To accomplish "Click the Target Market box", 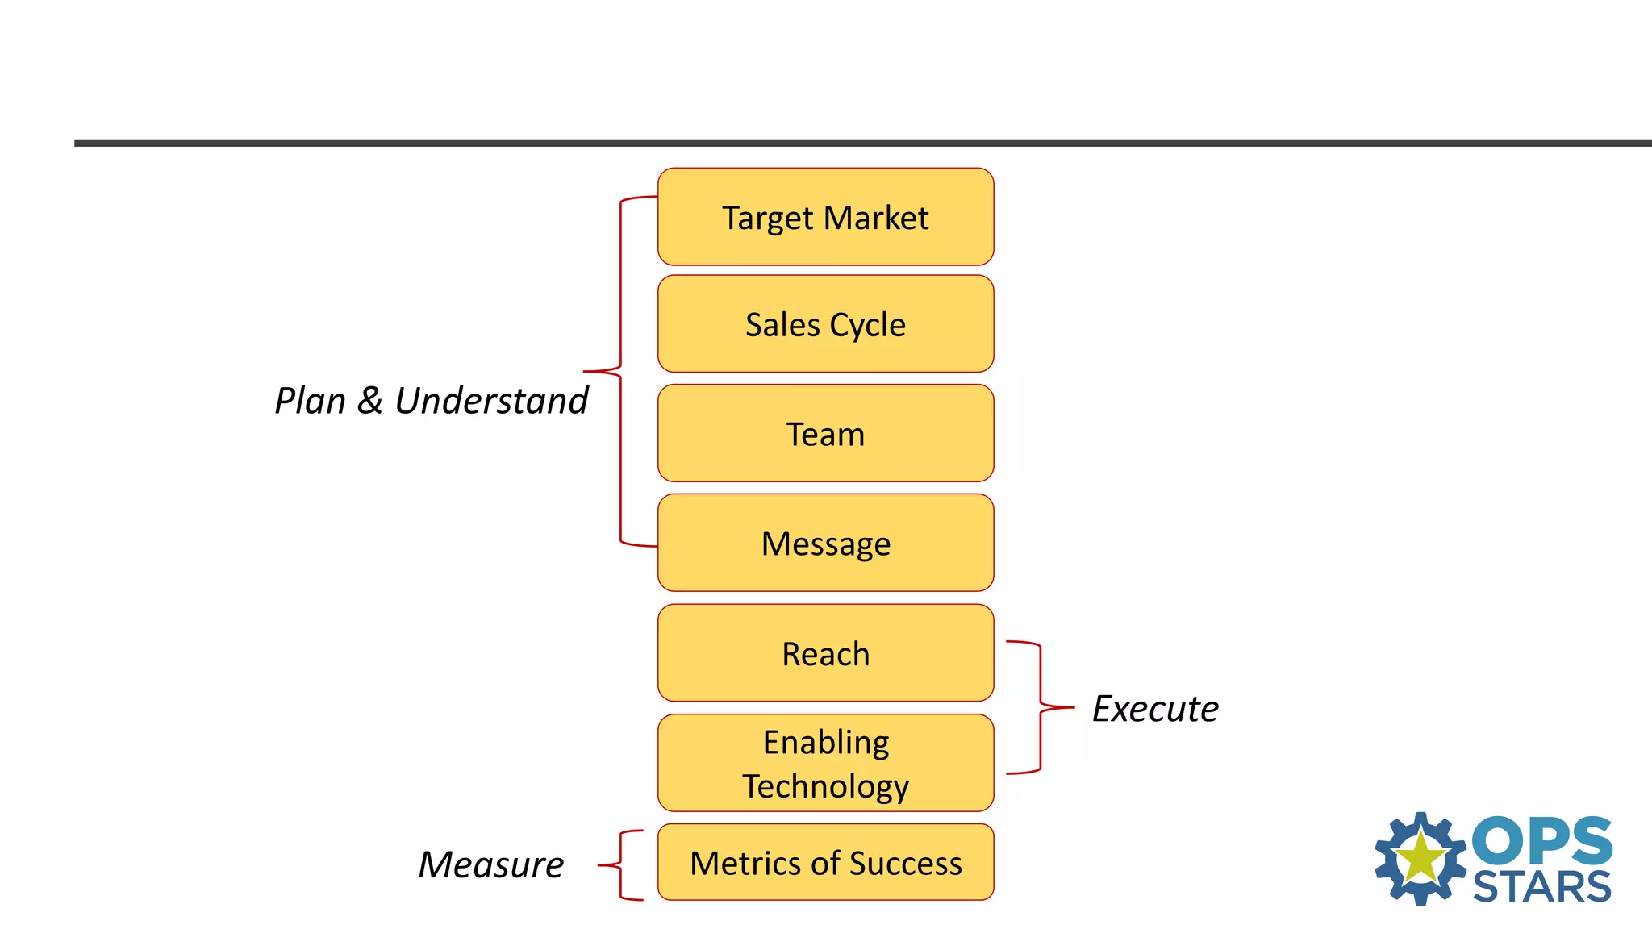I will click(825, 217).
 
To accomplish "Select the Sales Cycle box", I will click(825, 324).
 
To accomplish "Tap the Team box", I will click(825, 434).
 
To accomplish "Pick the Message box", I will click(825, 544).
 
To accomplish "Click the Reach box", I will click(825, 653).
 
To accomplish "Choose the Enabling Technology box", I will click(825, 763).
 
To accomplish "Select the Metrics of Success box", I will click(825, 862).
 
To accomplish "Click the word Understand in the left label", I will click(491, 401).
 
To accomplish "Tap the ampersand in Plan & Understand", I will click(369, 401).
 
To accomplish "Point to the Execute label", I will click(1154, 709).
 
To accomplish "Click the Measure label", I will click(490, 864).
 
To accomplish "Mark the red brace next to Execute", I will click(1040, 707).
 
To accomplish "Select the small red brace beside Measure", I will click(621, 864).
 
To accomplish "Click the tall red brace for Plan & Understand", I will click(619, 371).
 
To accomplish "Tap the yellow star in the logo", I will click(1420, 858).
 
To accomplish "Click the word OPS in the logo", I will click(1541, 840).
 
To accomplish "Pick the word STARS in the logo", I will click(1541, 887).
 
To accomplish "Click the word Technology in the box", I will click(825, 786).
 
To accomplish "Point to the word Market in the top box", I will click(876, 218).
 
